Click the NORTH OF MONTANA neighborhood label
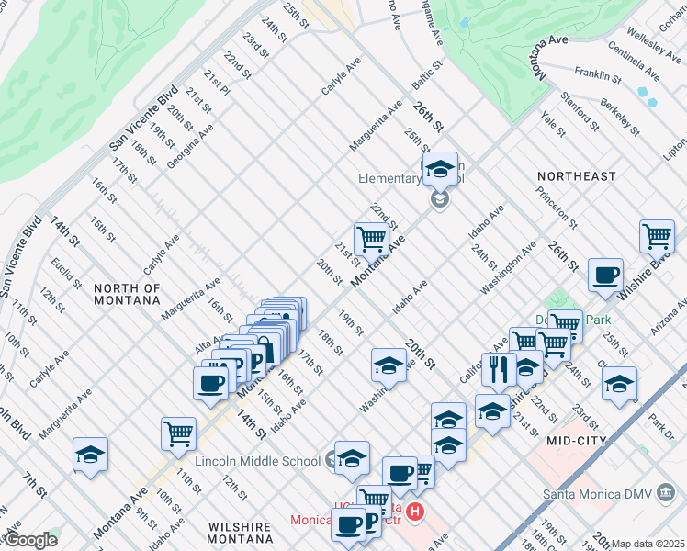pyautogui.click(x=127, y=294)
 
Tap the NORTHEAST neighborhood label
pyautogui.click(x=576, y=176)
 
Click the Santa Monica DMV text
pyautogui.click(x=603, y=493)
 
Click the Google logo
pyautogui.click(x=29, y=540)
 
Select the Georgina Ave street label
pyautogui.click(x=190, y=146)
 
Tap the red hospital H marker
pyautogui.click(x=415, y=511)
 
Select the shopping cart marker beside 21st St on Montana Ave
pyautogui.click(x=371, y=239)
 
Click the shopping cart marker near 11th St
pyautogui.click(x=178, y=433)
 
